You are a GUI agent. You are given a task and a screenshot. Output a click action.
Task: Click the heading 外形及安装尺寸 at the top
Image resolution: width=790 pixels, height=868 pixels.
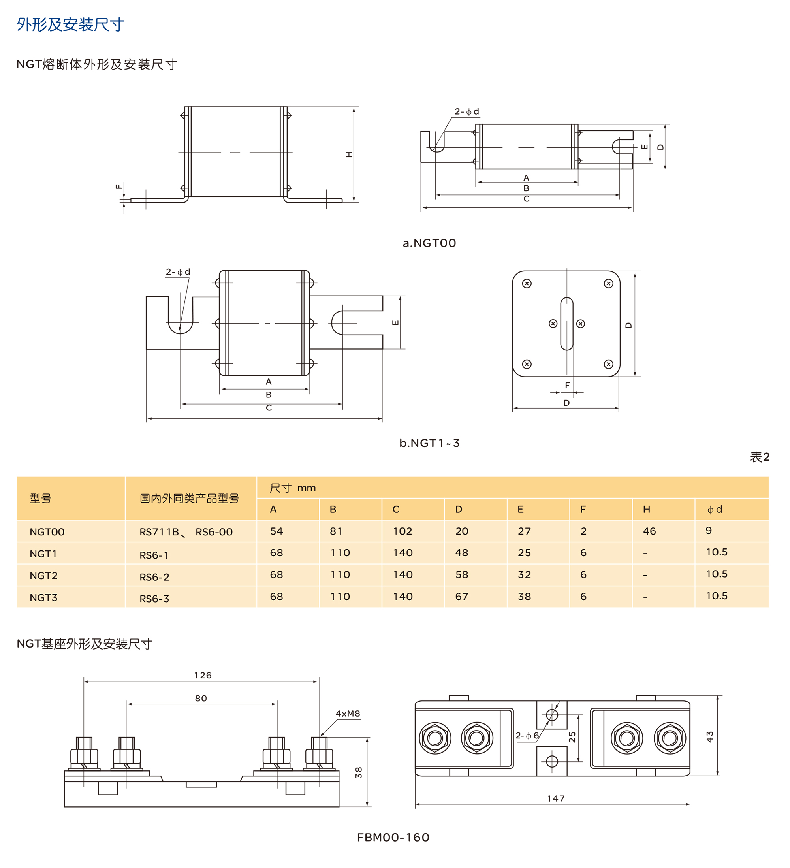click(x=70, y=24)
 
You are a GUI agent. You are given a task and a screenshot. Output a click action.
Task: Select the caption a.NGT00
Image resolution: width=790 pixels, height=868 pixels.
click(x=429, y=243)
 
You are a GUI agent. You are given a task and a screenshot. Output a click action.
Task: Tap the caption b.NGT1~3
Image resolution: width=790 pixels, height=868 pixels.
click(x=429, y=443)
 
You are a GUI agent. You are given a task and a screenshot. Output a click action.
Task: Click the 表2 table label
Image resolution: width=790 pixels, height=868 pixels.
click(x=759, y=457)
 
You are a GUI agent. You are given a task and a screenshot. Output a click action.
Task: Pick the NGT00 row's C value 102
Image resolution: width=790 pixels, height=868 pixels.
click(x=402, y=531)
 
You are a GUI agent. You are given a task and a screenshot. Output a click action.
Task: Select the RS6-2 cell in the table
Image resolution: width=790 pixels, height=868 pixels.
click(x=154, y=577)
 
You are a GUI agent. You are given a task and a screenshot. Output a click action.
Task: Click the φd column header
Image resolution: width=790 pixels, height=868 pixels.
click(x=714, y=510)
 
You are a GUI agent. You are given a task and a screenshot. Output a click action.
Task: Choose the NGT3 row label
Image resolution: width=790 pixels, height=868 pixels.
click(x=43, y=598)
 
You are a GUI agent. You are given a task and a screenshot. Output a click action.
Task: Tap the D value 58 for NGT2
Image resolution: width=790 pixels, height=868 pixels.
click(x=461, y=575)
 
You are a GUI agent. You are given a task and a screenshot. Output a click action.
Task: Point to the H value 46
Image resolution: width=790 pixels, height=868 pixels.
click(x=649, y=531)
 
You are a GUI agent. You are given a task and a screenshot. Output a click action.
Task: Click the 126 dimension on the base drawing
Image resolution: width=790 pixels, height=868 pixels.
click(x=202, y=676)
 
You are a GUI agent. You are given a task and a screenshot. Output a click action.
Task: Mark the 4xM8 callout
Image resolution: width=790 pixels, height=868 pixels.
click(x=348, y=714)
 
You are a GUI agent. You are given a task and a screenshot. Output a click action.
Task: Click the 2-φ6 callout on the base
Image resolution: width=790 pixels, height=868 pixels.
click(x=527, y=736)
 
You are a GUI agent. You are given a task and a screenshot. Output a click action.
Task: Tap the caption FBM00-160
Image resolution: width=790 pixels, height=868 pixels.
click(x=393, y=838)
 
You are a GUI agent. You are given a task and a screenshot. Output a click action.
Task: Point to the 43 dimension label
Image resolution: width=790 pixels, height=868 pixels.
click(x=709, y=737)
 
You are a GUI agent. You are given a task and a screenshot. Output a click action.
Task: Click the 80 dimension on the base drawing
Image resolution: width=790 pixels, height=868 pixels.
click(x=201, y=699)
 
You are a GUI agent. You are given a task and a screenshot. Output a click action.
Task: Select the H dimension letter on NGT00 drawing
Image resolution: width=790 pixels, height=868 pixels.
click(x=349, y=154)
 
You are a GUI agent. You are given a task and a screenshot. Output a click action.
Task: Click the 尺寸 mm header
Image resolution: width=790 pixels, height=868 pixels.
click(x=292, y=488)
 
